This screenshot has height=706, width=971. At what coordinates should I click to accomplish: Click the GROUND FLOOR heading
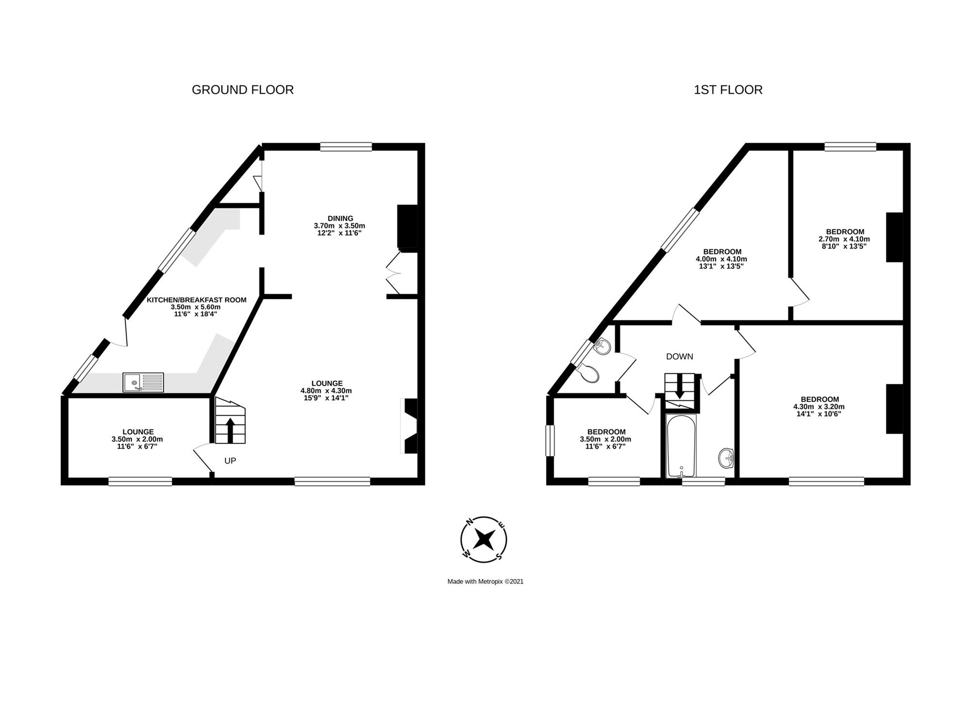coord(243,90)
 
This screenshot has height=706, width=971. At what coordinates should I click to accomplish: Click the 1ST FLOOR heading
coord(728,90)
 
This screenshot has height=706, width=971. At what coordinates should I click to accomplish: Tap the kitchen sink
coord(143,382)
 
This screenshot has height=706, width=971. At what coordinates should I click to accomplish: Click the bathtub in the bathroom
coord(682,445)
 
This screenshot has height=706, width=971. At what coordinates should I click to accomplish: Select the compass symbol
coord(484,539)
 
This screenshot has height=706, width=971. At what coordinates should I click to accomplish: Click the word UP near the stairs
coord(230,460)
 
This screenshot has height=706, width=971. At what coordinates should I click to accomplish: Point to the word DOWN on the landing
coord(680,357)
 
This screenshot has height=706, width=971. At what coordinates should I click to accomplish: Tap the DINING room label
coord(340,218)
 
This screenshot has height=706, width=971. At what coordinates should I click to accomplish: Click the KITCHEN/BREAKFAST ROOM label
coord(197,300)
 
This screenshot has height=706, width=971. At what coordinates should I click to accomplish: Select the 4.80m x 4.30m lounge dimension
coord(326,391)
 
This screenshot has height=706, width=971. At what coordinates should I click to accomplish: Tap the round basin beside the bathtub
coord(726,458)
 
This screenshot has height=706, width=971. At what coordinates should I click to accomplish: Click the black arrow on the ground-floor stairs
coord(230,430)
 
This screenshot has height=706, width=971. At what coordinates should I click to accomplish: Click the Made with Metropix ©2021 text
coord(485,581)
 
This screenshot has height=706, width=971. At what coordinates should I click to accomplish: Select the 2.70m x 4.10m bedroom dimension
coord(844,239)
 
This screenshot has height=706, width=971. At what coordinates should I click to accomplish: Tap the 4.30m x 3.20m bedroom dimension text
coord(819,407)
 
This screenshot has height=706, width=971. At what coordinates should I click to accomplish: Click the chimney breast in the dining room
coord(407,227)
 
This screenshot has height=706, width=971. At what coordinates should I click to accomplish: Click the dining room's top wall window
coord(346,147)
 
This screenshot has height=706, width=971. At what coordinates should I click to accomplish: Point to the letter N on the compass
coord(469,522)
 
